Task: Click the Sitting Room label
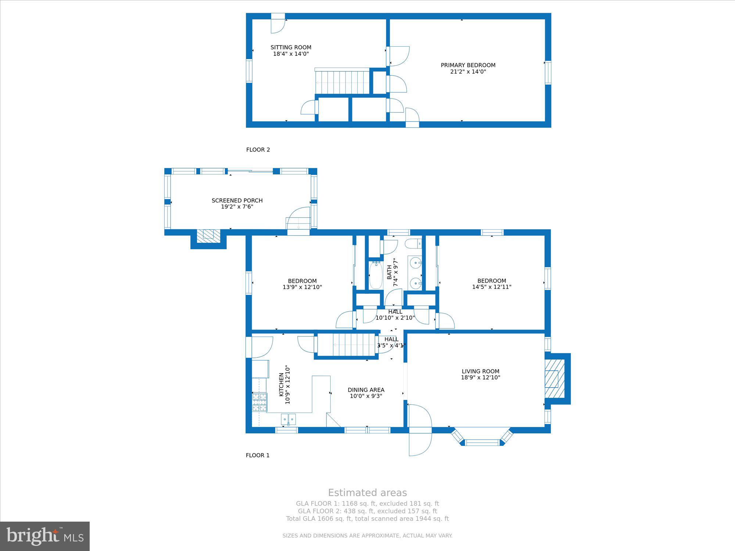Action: pos(291,47)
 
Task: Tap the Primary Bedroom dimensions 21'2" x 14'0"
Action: pos(468,72)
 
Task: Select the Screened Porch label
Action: pos(237,201)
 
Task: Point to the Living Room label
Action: pos(481,371)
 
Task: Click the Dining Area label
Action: pos(366,390)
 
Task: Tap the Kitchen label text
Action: pos(281,385)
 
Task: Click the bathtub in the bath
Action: pos(376,275)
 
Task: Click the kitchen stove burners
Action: pos(259,402)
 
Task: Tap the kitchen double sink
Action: pos(288,419)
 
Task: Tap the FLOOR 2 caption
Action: pos(258,150)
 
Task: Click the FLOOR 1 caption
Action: pos(258,455)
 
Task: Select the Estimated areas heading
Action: pos(367,493)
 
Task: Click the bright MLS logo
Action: pos(45,536)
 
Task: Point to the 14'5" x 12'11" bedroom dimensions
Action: pos(492,287)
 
